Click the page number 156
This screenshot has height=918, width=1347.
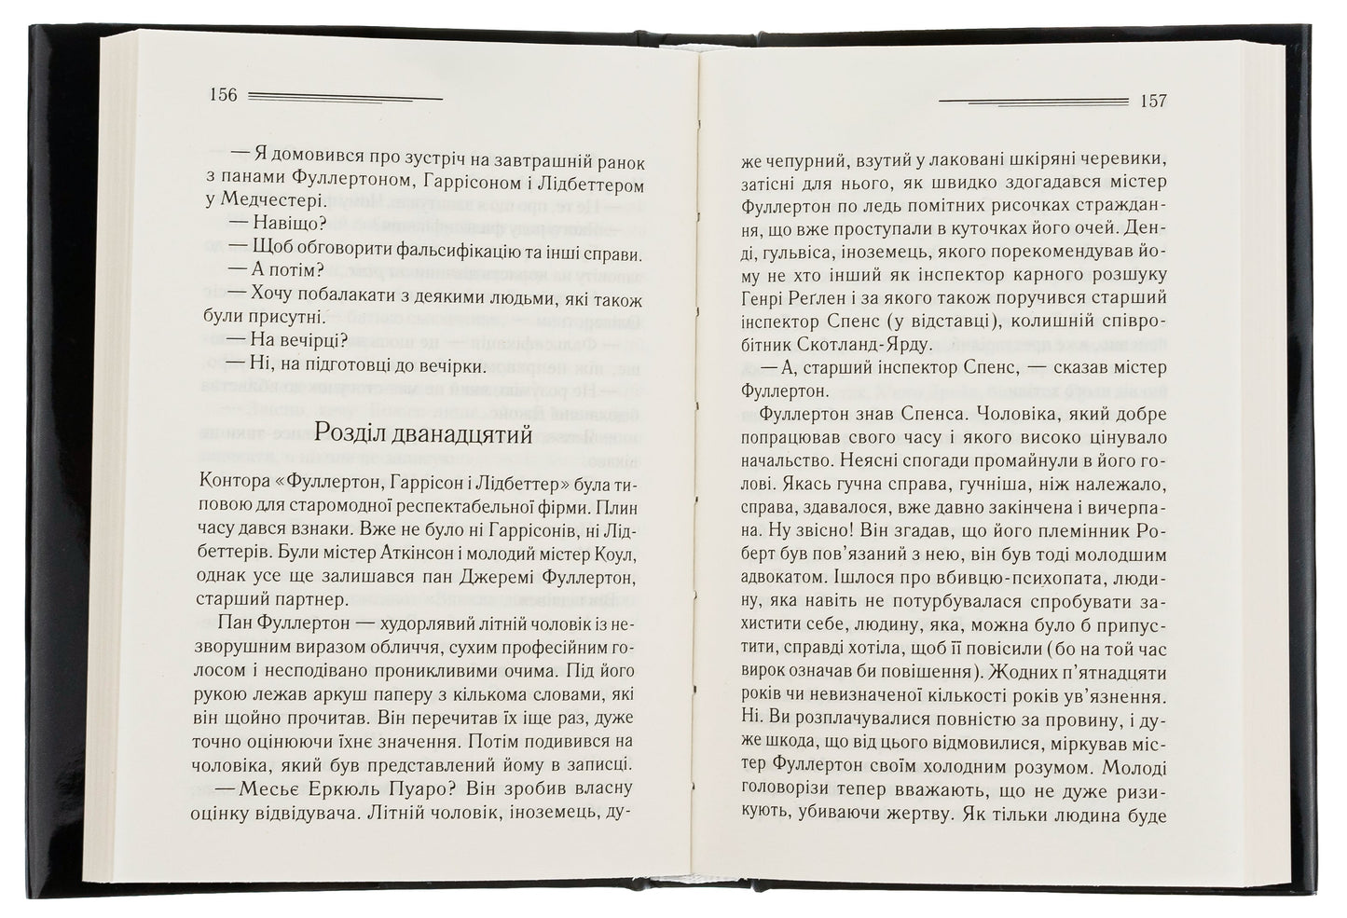click(x=225, y=95)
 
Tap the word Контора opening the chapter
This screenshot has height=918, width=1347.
click(x=229, y=483)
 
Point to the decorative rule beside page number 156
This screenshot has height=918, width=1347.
click(x=346, y=96)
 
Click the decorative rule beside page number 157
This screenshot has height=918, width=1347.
click(x=1034, y=100)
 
